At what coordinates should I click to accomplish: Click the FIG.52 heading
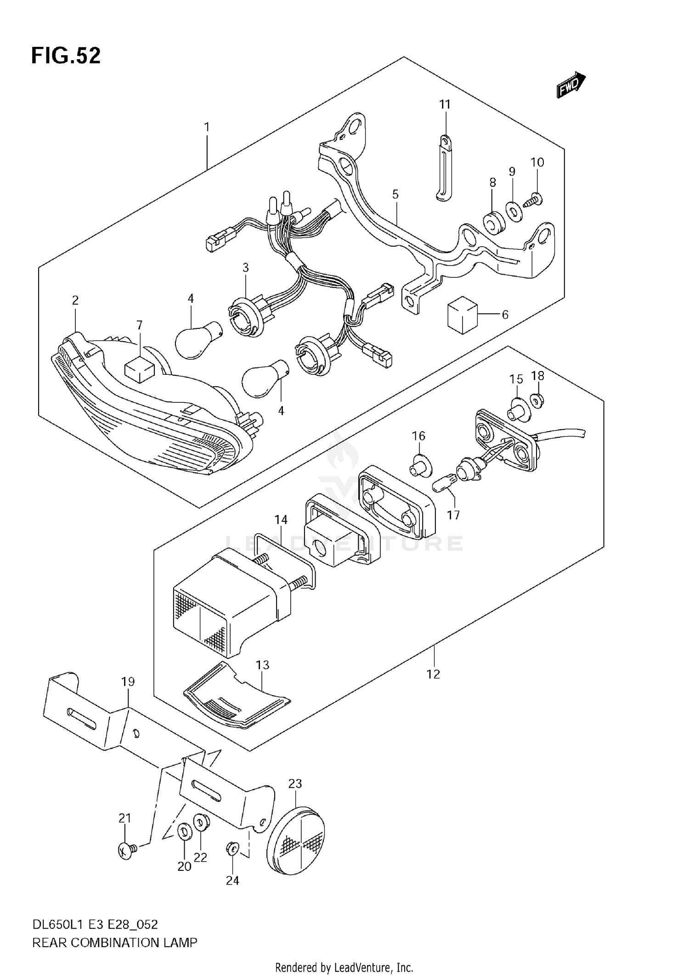66,56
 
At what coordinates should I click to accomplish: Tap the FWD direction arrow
571,85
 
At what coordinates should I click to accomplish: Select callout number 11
445,105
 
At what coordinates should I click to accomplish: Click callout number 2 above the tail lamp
75,300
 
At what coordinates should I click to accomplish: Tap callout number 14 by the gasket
281,519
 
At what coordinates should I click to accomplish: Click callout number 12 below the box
433,674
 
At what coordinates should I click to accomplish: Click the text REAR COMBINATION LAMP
114,942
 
